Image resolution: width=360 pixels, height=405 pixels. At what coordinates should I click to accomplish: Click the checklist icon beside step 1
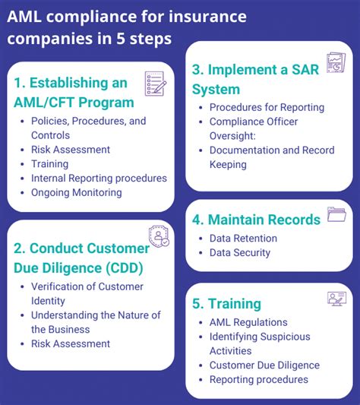pos(156,84)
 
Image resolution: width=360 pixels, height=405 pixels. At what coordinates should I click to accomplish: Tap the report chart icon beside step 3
pos(336,63)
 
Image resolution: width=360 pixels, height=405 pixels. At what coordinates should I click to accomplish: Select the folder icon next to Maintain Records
pos(336,214)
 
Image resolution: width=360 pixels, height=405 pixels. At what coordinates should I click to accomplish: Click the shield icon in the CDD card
pos(159,236)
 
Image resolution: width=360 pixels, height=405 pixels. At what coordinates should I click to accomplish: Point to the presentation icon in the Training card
pos(336,299)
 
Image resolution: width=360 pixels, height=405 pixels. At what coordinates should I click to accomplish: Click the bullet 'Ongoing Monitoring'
pos(77,193)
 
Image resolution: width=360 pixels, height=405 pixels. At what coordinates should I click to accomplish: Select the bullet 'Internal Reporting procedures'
pos(99,179)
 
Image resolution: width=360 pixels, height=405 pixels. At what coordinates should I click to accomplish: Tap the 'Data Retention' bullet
pos(243,238)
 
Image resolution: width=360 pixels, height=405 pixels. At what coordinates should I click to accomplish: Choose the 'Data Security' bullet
pos(240,252)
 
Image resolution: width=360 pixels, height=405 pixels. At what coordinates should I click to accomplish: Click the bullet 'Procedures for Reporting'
pos(267,107)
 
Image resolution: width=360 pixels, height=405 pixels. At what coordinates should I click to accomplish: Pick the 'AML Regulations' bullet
pos(248,322)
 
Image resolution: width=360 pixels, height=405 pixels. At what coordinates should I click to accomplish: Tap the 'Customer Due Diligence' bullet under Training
pos(265,365)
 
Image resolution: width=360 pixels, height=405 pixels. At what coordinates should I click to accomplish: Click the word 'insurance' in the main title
pos(208,17)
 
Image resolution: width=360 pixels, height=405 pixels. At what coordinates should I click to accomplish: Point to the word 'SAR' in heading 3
pos(305,70)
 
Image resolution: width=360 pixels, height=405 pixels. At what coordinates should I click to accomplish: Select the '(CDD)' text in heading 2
pos(125,268)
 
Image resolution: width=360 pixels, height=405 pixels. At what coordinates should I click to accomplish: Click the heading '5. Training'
pos(226,303)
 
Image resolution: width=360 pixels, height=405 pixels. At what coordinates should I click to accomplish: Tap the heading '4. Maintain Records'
pos(256,220)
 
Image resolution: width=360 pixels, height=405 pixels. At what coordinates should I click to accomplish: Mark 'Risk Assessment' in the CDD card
pos(71,343)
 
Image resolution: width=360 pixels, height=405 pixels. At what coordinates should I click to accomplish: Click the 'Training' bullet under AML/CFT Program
pos(50,164)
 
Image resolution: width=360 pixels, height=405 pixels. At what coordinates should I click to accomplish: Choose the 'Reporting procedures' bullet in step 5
pos(259,380)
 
